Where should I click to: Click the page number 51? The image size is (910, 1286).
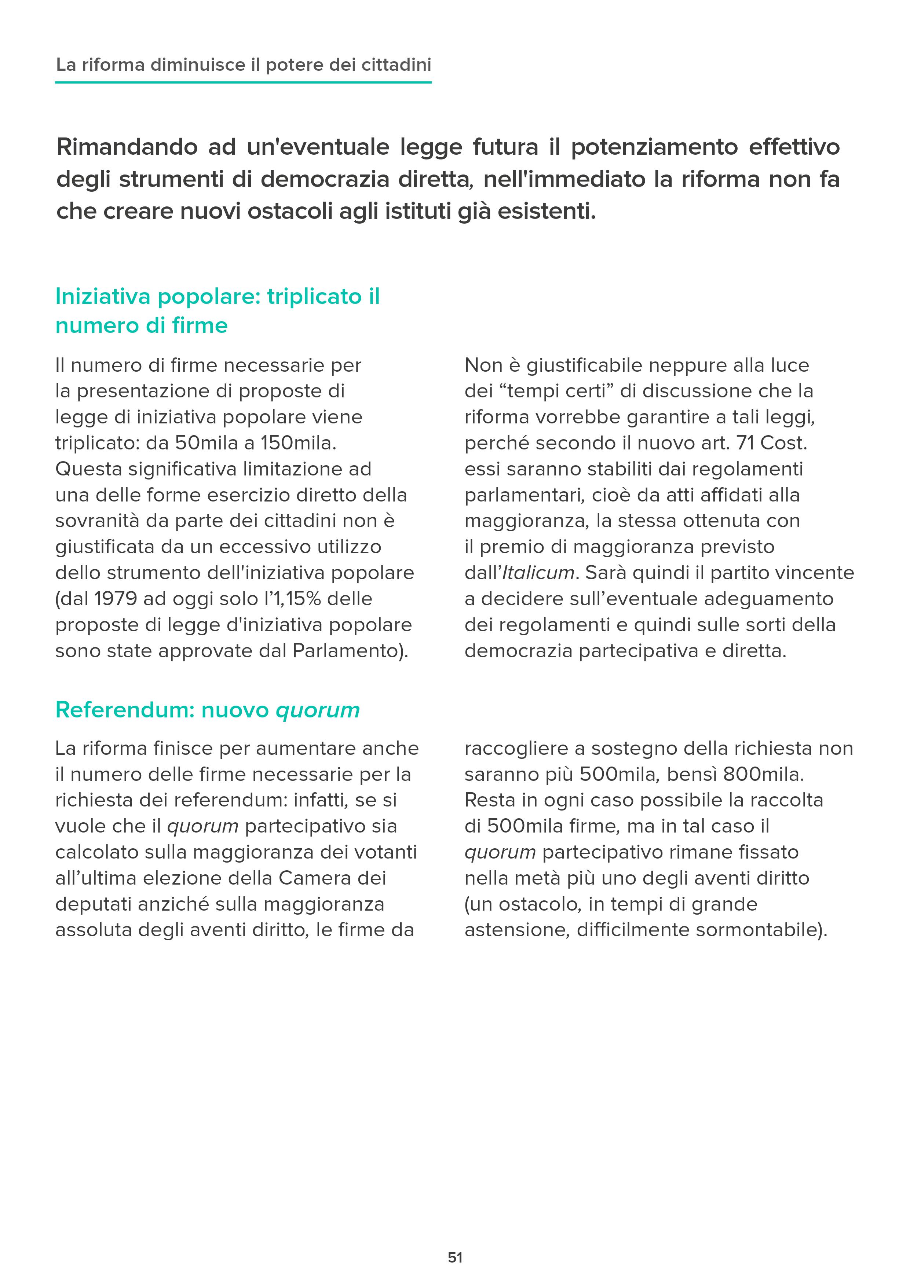coord(455,1257)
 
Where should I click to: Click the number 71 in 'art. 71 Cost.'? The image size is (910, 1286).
coord(745,443)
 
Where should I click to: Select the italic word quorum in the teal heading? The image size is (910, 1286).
coord(317,710)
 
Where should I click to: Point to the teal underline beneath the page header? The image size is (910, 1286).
coord(243,82)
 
